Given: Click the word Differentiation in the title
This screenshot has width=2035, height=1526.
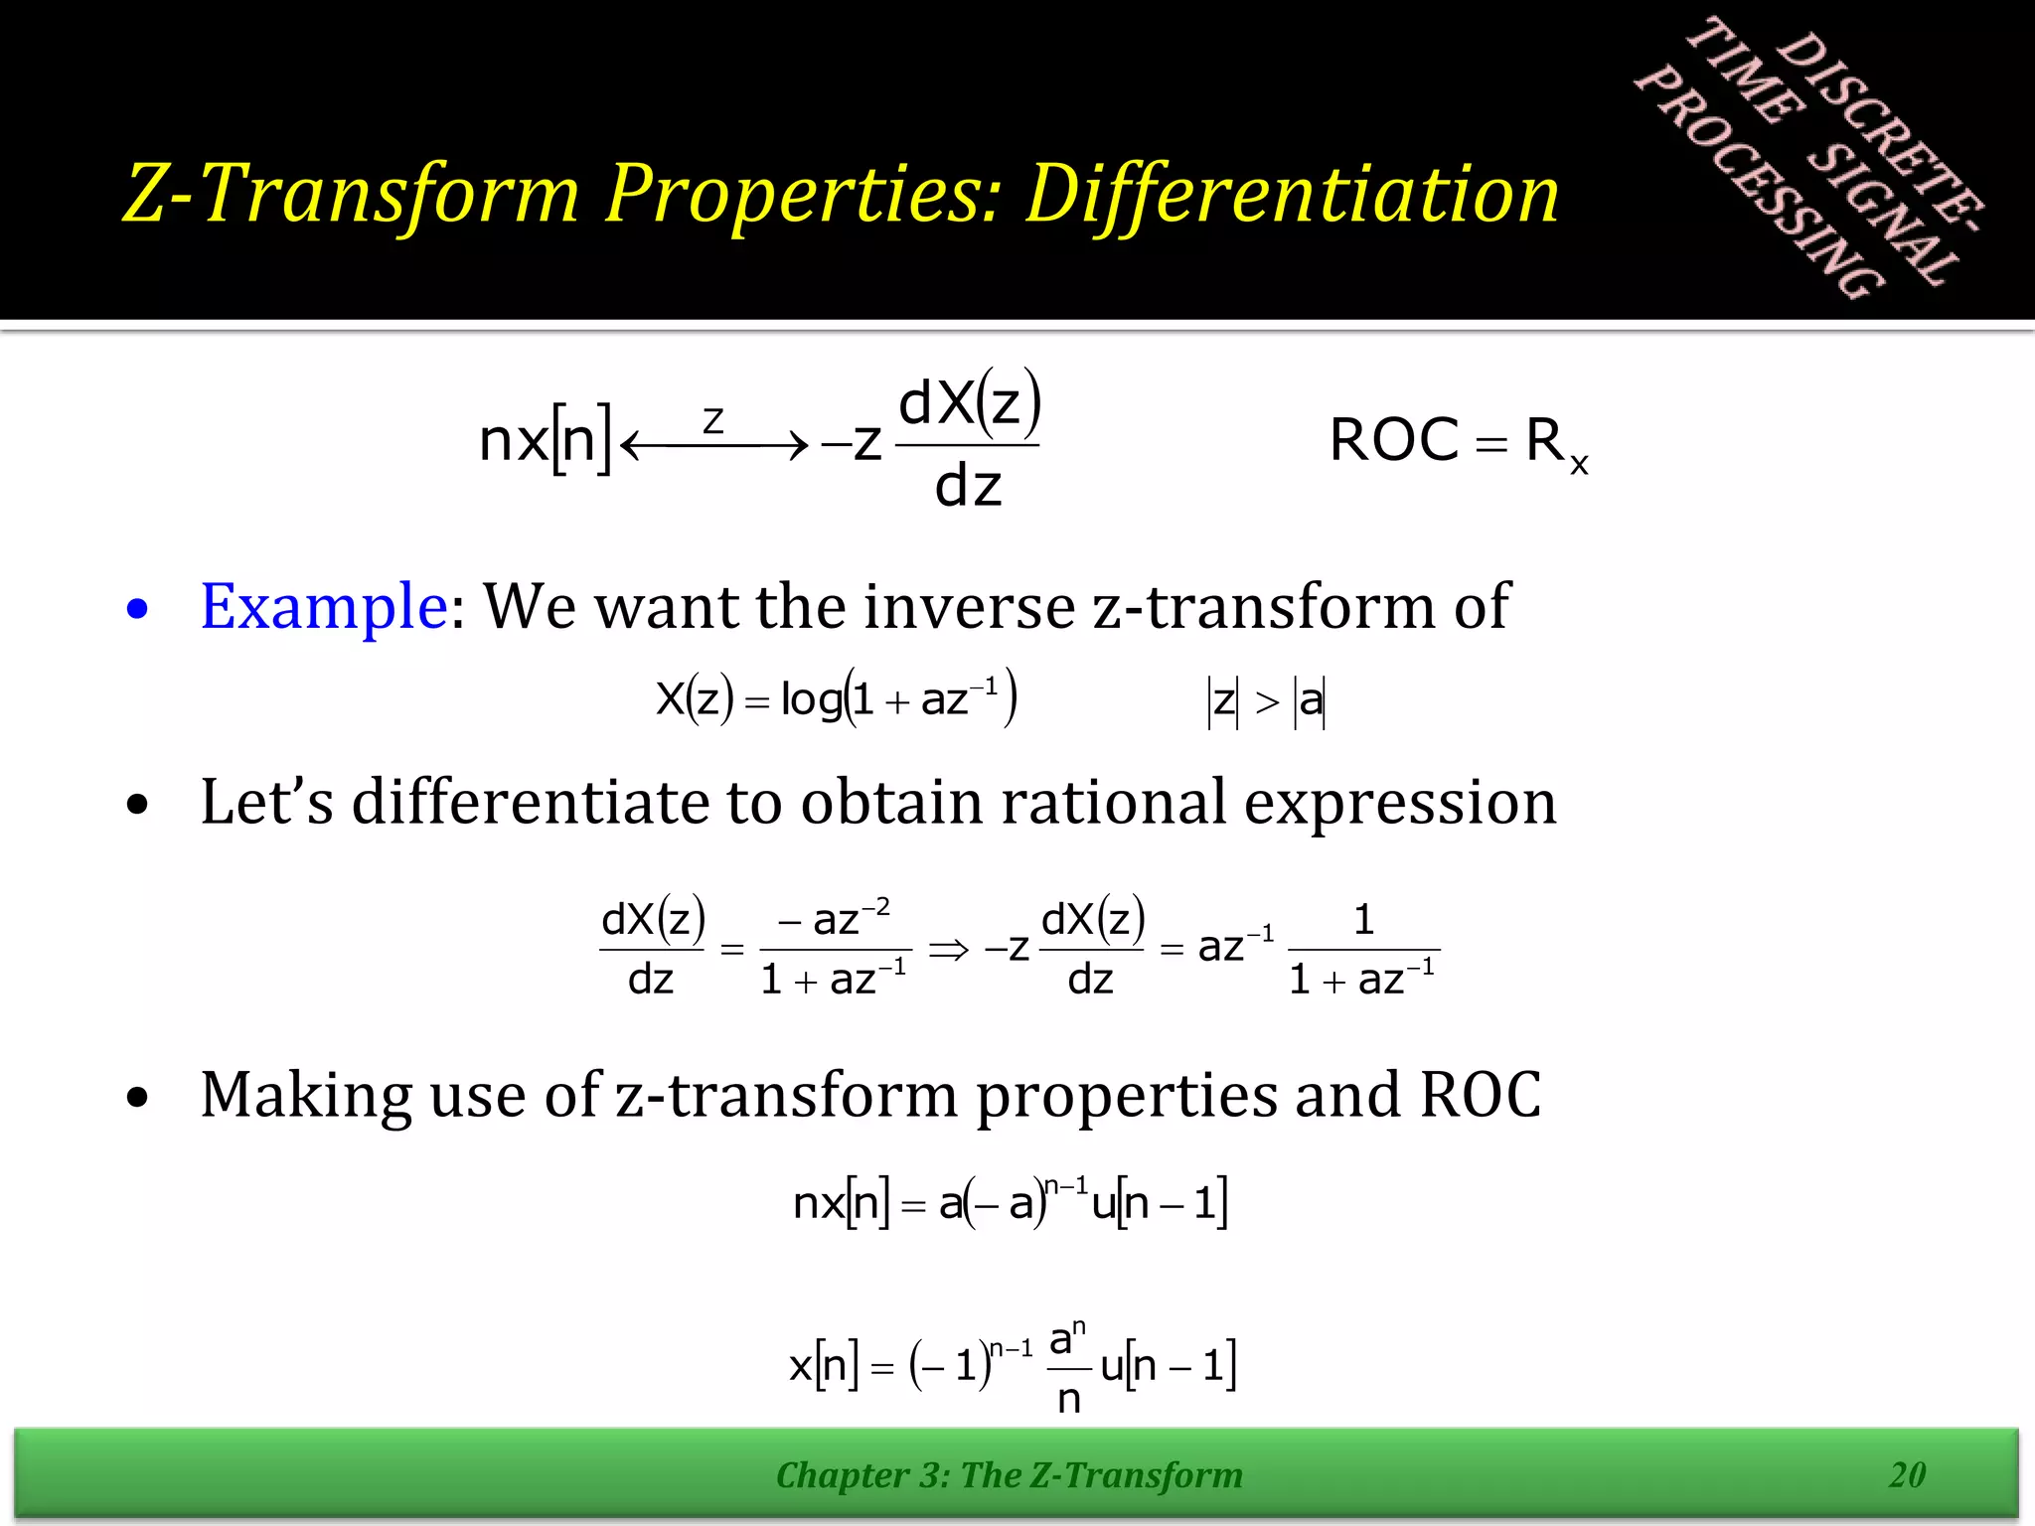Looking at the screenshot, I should (x=1292, y=194).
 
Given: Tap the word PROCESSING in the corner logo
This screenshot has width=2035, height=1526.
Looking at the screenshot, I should (x=1759, y=184).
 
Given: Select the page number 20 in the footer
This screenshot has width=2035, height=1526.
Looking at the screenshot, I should (x=1907, y=1474).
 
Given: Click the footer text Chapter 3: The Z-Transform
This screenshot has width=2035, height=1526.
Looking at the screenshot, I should (x=1009, y=1474).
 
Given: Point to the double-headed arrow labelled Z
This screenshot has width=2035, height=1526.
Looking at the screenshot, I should (x=713, y=444).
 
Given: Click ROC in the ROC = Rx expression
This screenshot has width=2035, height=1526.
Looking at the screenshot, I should (x=1393, y=440).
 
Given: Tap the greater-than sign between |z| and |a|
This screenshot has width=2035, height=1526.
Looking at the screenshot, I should (x=1267, y=702).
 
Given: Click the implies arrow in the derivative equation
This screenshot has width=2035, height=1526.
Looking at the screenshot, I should (x=948, y=950).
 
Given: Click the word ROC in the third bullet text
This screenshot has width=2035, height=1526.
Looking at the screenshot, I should (x=1480, y=1095).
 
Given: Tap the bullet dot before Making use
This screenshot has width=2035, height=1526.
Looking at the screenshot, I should (x=138, y=1099).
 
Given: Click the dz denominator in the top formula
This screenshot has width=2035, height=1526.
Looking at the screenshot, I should (x=968, y=487).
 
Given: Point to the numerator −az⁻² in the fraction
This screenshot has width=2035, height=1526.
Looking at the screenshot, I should (x=835, y=919).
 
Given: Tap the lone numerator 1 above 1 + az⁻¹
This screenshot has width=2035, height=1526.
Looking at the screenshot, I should (x=1363, y=919).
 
